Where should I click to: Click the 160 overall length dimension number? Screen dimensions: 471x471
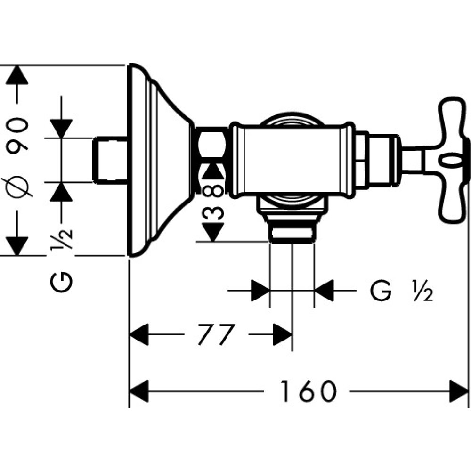tap(309, 391)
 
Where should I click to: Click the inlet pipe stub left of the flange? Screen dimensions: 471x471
tap(110, 160)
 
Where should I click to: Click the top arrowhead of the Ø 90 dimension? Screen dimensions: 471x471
tap(17, 75)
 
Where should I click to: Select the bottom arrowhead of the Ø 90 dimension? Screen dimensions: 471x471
tap(17, 245)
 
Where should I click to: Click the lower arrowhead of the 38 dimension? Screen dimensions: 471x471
tap(213, 231)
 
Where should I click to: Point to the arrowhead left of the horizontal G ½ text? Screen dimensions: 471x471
tap(260, 291)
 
